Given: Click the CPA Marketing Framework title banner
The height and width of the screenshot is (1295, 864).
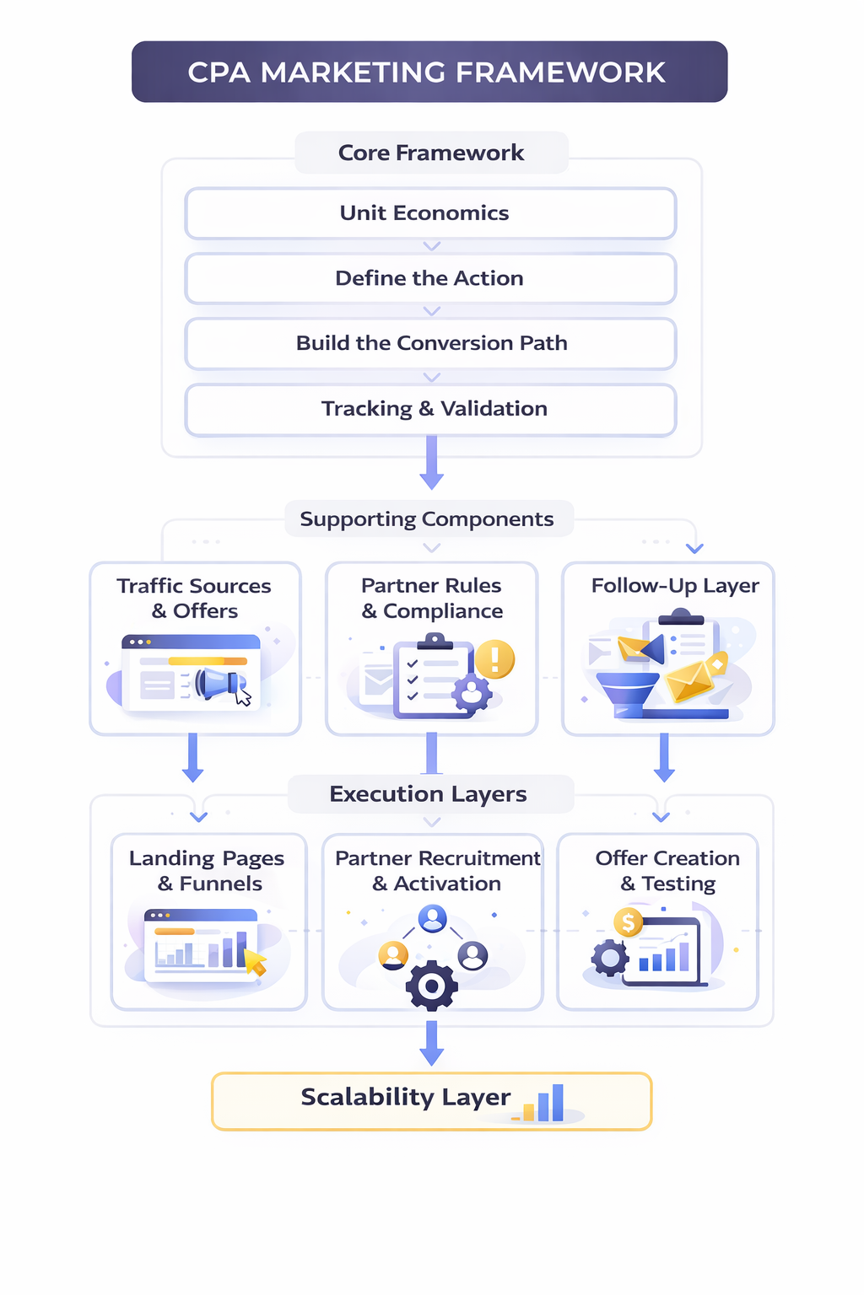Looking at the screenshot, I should (x=429, y=73).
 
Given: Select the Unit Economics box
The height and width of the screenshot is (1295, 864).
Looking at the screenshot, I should (x=430, y=213).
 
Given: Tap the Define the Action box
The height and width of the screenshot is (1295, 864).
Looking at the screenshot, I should (x=430, y=278).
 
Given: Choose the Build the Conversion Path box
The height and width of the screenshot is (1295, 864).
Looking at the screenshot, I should (x=430, y=343).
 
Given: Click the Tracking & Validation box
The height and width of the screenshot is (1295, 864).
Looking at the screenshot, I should (x=430, y=409).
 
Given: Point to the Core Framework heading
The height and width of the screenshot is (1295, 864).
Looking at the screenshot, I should (x=431, y=153).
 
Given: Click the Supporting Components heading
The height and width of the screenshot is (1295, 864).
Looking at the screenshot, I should (x=427, y=519).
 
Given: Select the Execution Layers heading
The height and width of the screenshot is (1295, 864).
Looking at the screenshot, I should (x=428, y=794).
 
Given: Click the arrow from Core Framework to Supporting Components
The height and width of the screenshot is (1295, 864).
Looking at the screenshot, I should (x=432, y=463).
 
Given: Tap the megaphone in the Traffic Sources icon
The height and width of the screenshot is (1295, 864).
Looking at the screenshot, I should (x=218, y=683).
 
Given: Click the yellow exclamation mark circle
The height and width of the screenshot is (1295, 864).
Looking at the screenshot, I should (x=494, y=659).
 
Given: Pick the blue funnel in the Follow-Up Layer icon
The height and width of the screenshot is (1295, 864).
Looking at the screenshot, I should (x=627, y=691).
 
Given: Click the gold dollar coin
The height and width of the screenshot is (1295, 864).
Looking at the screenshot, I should (x=628, y=922).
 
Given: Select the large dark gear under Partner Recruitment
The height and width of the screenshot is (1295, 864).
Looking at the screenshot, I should (x=432, y=985).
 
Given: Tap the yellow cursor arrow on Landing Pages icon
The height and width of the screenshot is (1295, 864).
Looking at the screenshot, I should (x=255, y=961).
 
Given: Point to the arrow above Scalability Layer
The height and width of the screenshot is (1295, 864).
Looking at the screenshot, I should (x=432, y=1044).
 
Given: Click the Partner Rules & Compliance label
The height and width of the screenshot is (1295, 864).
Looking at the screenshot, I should (x=432, y=598).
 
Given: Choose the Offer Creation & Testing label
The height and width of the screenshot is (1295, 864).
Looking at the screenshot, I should (x=667, y=871).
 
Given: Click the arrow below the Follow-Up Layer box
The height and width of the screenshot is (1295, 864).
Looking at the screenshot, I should (x=665, y=757).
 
